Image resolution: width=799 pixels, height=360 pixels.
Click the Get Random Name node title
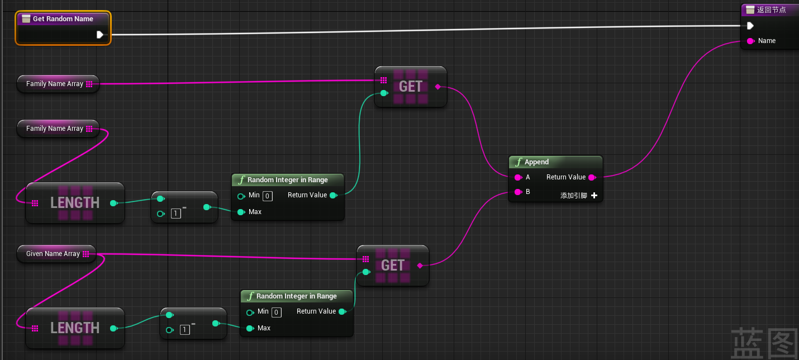(x=63, y=19)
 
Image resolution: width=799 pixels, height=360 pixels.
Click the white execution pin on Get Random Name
(x=99, y=35)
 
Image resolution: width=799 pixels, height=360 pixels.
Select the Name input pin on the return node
(x=750, y=41)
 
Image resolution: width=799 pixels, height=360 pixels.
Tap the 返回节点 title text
(x=771, y=10)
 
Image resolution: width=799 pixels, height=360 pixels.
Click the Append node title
(x=536, y=162)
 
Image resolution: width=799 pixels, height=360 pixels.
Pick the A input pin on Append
(x=518, y=177)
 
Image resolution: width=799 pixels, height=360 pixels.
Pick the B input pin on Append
(x=518, y=192)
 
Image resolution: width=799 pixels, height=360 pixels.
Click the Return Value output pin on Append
(x=592, y=177)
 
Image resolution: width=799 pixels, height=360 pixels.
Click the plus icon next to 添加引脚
(x=594, y=196)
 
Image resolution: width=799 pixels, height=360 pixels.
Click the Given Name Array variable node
(x=53, y=254)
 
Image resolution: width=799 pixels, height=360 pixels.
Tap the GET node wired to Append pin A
(x=411, y=87)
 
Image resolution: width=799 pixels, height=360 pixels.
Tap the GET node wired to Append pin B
(x=393, y=266)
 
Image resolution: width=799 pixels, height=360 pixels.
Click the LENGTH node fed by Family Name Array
(x=75, y=203)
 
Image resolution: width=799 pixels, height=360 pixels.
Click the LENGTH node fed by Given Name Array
(x=75, y=328)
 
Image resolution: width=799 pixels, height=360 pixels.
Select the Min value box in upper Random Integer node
(x=268, y=196)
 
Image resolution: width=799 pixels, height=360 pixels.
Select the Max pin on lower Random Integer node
(x=250, y=328)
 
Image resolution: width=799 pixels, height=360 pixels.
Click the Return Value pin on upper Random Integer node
(x=333, y=195)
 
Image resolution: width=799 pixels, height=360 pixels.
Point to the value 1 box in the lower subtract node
(x=185, y=330)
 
